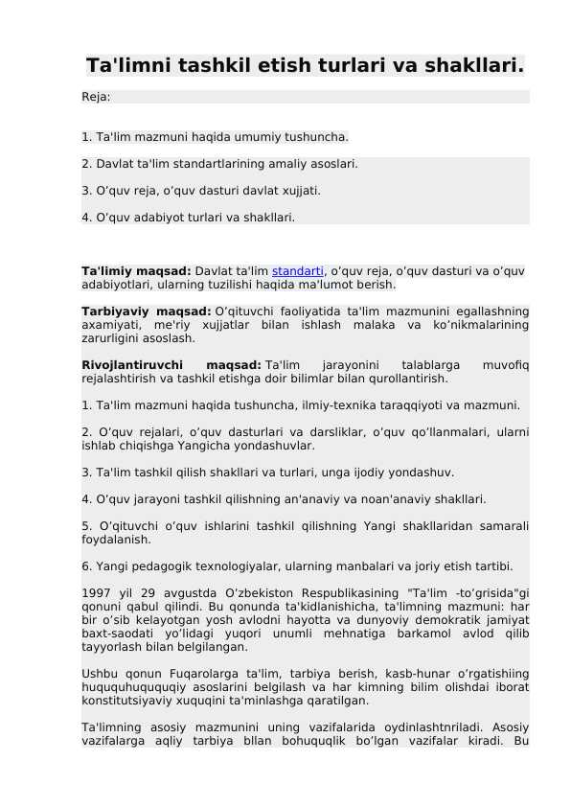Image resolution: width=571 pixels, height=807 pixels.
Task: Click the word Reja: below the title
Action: (96, 97)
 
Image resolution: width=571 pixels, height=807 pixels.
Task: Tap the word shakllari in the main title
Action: (475, 66)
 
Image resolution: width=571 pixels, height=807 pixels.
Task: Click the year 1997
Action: (96, 592)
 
